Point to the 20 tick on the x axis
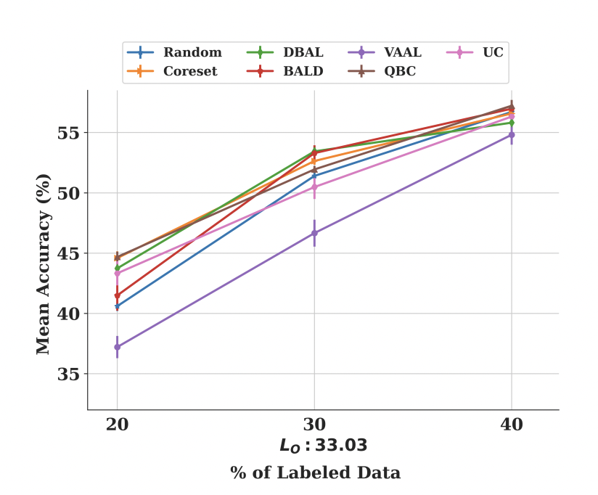(117, 425)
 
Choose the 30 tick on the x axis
(314, 425)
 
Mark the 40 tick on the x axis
(512, 425)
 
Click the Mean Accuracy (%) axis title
(44, 263)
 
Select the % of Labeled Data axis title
(315, 473)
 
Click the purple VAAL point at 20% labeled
(117, 347)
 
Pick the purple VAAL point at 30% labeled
(314, 233)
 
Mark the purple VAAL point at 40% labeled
(512, 135)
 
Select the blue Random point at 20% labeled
(117, 306)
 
